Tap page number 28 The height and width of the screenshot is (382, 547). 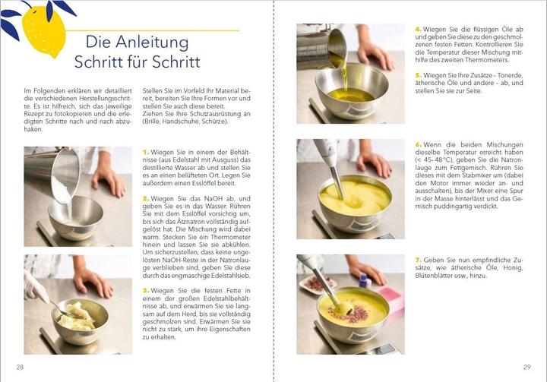[21, 367]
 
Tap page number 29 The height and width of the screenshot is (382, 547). [526, 367]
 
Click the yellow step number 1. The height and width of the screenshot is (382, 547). [145, 152]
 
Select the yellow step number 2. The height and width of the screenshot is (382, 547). [145, 198]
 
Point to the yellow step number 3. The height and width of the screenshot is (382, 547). [145, 290]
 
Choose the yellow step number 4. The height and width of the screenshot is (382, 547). [417, 30]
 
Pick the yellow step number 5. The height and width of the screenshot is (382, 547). [417, 75]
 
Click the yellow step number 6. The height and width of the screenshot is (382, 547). [417, 144]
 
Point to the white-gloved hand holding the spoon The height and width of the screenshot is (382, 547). [36, 288]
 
